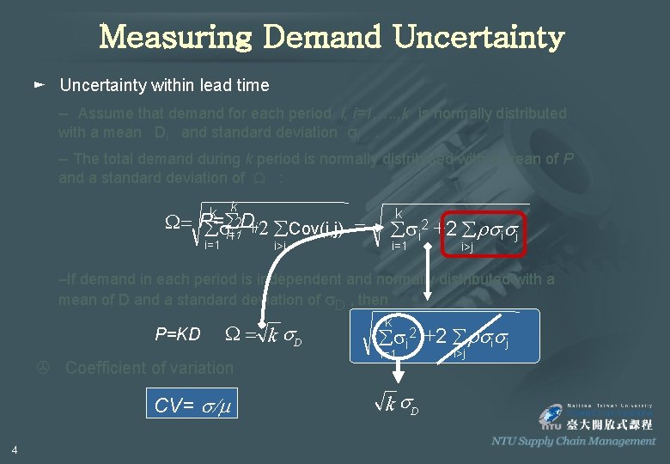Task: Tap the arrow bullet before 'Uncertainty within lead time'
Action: point(39,85)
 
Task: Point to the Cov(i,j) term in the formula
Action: point(318,229)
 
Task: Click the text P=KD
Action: point(178,334)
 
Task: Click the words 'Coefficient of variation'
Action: point(149,368)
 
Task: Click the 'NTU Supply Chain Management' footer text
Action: point(573,441)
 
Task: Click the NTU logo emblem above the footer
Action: point(551,417)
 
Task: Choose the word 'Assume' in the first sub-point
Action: point(105,113)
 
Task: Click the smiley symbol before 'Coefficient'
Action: point(40,368)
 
